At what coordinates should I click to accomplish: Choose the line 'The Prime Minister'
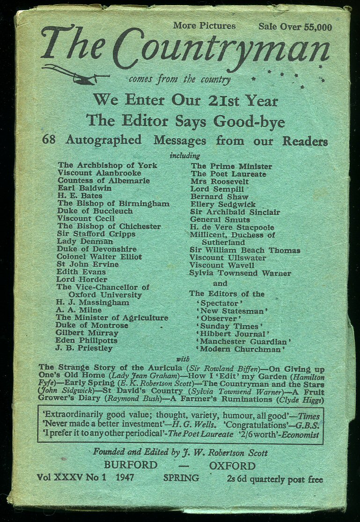click(x=231, y=166)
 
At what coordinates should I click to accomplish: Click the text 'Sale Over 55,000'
click(x=295, y=27)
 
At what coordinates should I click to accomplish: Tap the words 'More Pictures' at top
click(x=204, y=26)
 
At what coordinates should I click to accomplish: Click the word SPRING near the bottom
click(x=181, y=478)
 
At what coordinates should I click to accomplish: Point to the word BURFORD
click(x=131, y=466)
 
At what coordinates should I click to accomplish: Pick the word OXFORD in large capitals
click(x=232, y=466)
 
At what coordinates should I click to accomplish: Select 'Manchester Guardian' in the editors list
click(x=245, y=342)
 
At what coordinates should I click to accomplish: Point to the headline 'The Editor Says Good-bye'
click(x=185, y=121)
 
